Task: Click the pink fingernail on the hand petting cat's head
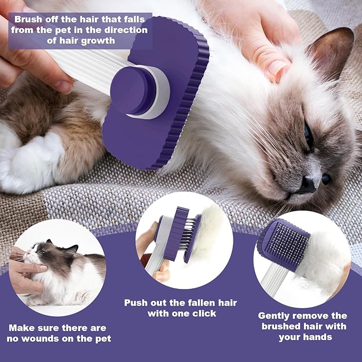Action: tap(278, 67)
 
